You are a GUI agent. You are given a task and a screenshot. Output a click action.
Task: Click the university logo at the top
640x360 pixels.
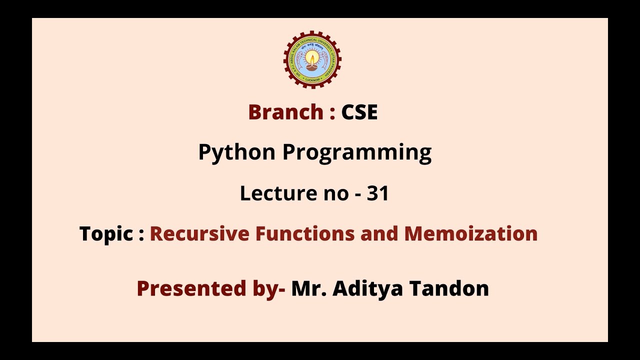click(x=312, y=59)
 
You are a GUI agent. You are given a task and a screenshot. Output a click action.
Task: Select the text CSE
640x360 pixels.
click(x=359, y=112)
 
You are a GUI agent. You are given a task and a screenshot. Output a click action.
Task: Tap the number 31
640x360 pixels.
click(x=378, y=193)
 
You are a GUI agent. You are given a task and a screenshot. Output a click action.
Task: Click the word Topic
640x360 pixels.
click(x=106, y=233)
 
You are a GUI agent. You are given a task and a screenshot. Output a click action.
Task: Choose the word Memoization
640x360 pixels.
click(x=471, y=233)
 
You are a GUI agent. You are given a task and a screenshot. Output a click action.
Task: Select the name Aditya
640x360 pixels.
click(x=368, y=288)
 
